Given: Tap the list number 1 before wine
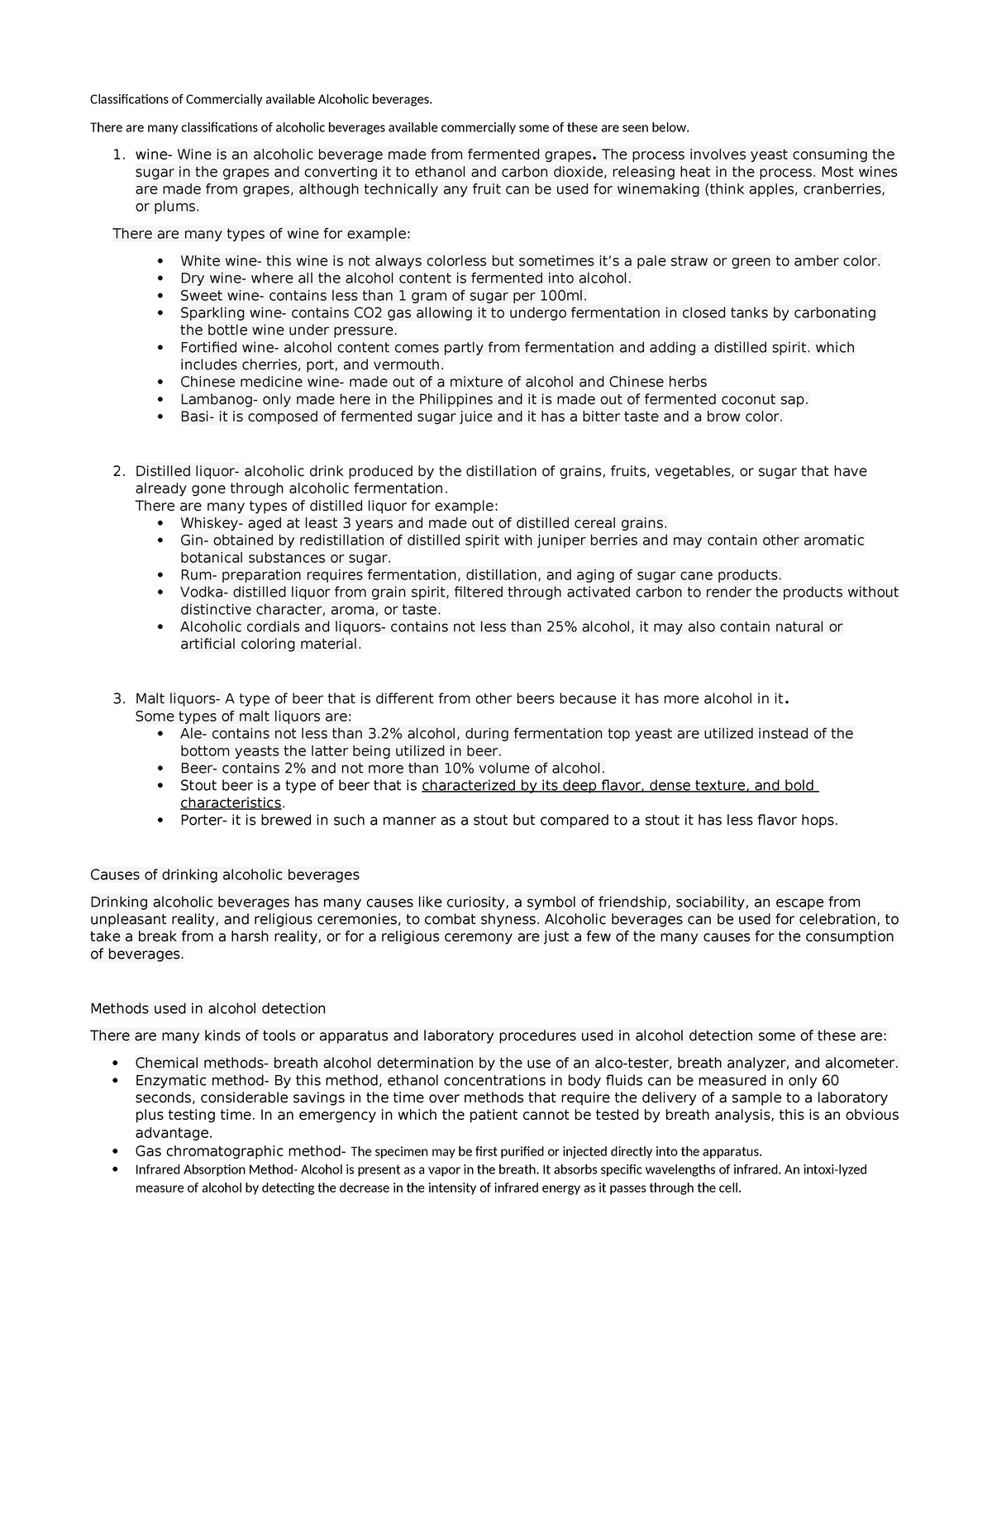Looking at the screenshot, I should coord(117,155).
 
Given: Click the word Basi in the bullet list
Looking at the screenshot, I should coord(195,417).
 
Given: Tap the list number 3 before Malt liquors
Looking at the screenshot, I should coord(117,699).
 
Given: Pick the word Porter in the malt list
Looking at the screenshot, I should coord(201,821).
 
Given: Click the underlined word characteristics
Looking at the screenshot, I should coord(231,803).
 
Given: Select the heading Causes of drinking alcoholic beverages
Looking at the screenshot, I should coord(224,874).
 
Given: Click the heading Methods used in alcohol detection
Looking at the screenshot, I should coord(207,1008).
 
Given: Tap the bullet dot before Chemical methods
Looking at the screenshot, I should coord(115,1064).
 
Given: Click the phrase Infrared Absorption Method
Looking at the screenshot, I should coord(214,1170).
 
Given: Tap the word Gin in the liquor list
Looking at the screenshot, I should coord(193,540).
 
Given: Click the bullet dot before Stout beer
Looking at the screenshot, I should coord(160,786).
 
